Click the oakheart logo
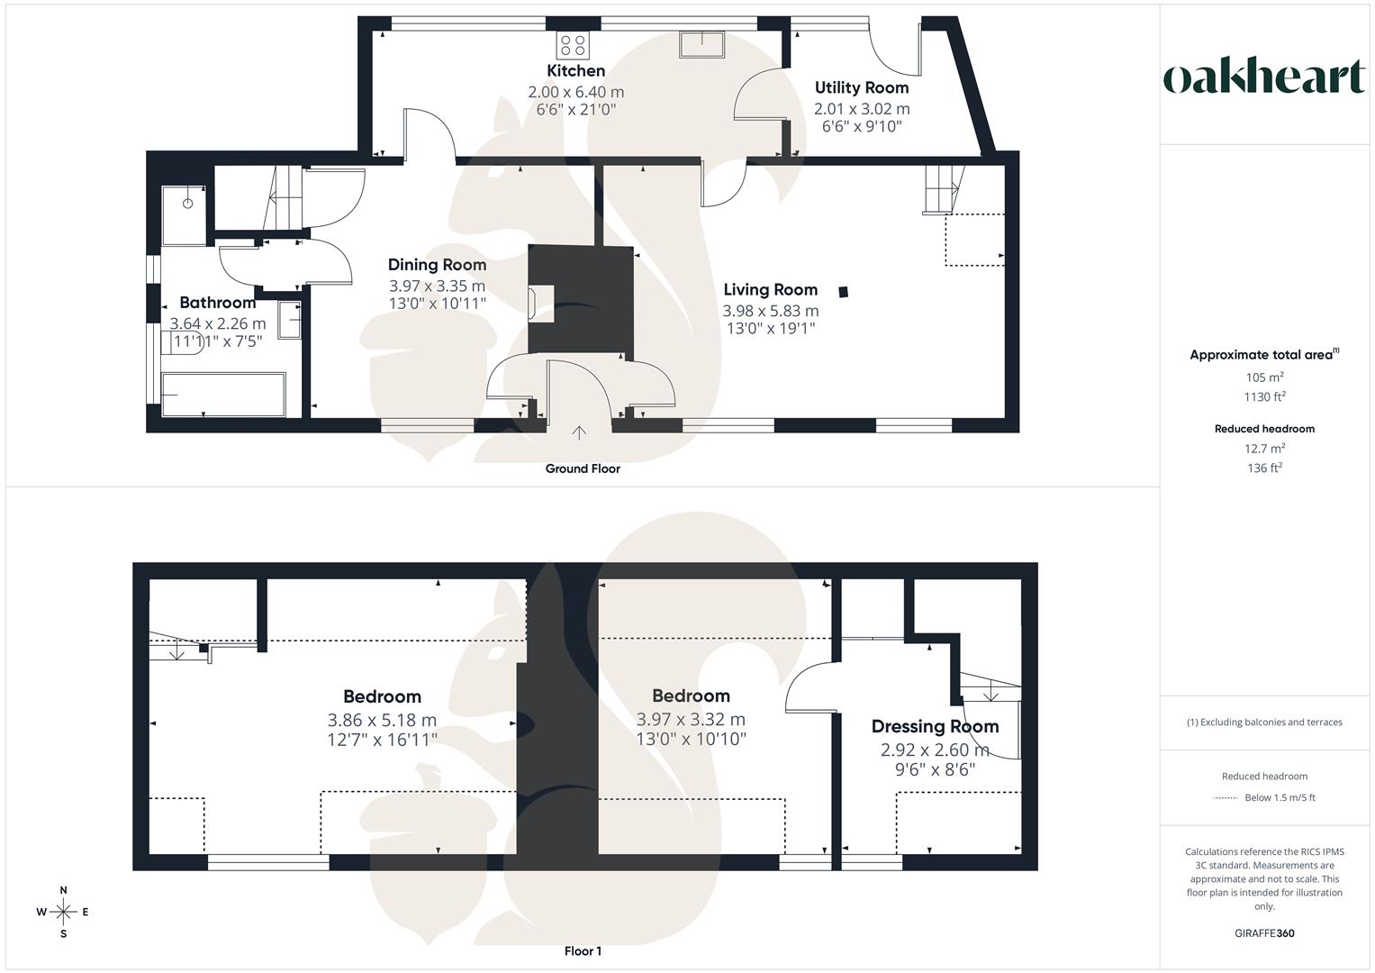1263,77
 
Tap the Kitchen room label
575,71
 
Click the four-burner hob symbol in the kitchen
572,44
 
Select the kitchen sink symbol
701,43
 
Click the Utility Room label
861,88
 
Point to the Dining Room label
437,265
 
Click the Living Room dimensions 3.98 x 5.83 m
770,311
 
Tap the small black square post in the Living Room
843,291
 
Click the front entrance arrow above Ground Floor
579,433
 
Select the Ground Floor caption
582,468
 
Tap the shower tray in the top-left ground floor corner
185,214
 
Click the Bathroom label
217,303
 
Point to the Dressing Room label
935,727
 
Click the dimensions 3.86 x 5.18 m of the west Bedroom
382,720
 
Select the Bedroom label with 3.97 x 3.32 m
691,696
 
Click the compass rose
63,912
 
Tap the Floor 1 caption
583,951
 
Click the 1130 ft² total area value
1264,397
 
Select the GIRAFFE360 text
1264,933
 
